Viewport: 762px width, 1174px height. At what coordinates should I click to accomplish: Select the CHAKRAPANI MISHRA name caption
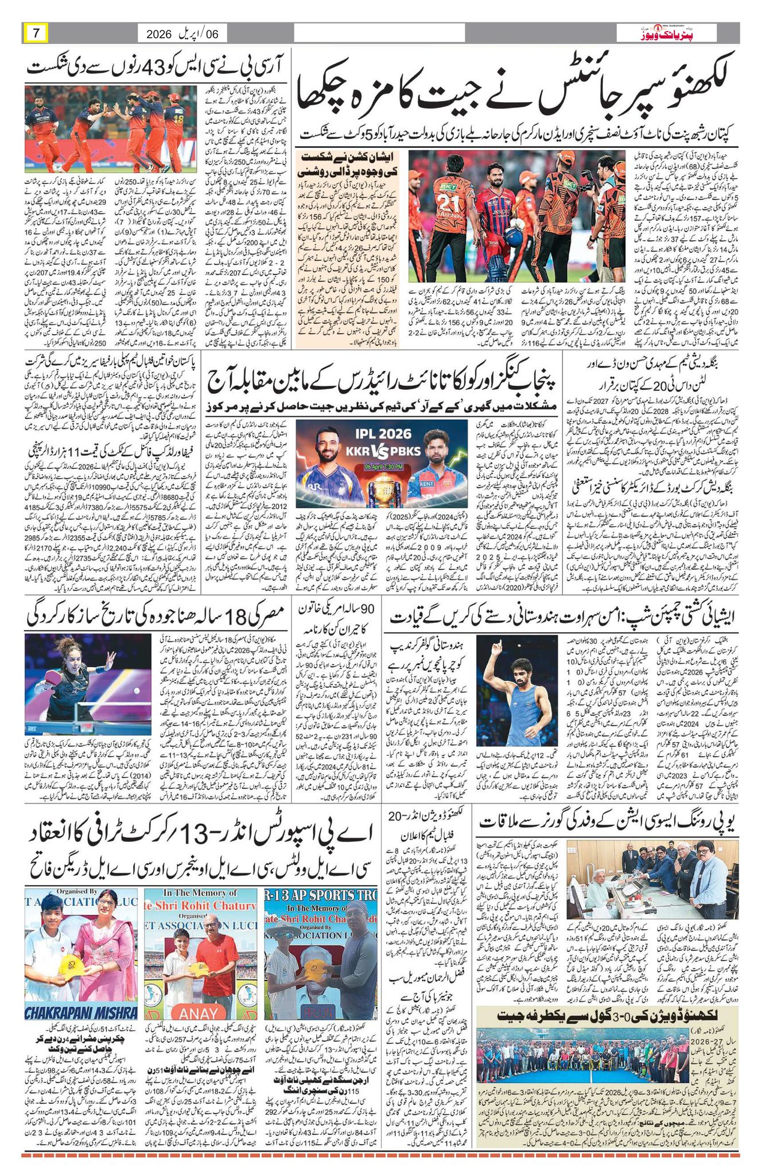pyautogui.click(x=80, y=1011)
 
